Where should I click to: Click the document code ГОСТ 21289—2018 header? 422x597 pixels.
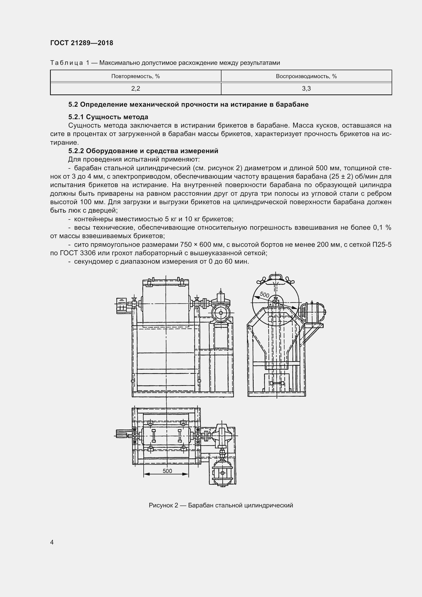(82, 43)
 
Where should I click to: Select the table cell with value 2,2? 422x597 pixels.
(135, 89)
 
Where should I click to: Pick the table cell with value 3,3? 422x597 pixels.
(306, 89)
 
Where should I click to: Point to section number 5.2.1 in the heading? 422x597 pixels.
(76, 117)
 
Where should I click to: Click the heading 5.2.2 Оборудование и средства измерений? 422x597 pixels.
(143, 151)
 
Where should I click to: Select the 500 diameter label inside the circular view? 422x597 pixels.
(264, 295)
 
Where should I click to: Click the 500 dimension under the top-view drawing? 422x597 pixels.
(167, 471)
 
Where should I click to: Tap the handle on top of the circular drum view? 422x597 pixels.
(276, 276)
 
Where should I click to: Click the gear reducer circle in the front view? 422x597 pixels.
(221, 313)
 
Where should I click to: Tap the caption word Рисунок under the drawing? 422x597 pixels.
(161, 505)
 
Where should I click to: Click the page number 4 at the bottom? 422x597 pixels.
(52, 542)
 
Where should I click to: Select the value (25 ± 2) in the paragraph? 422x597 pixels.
(341, 177)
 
